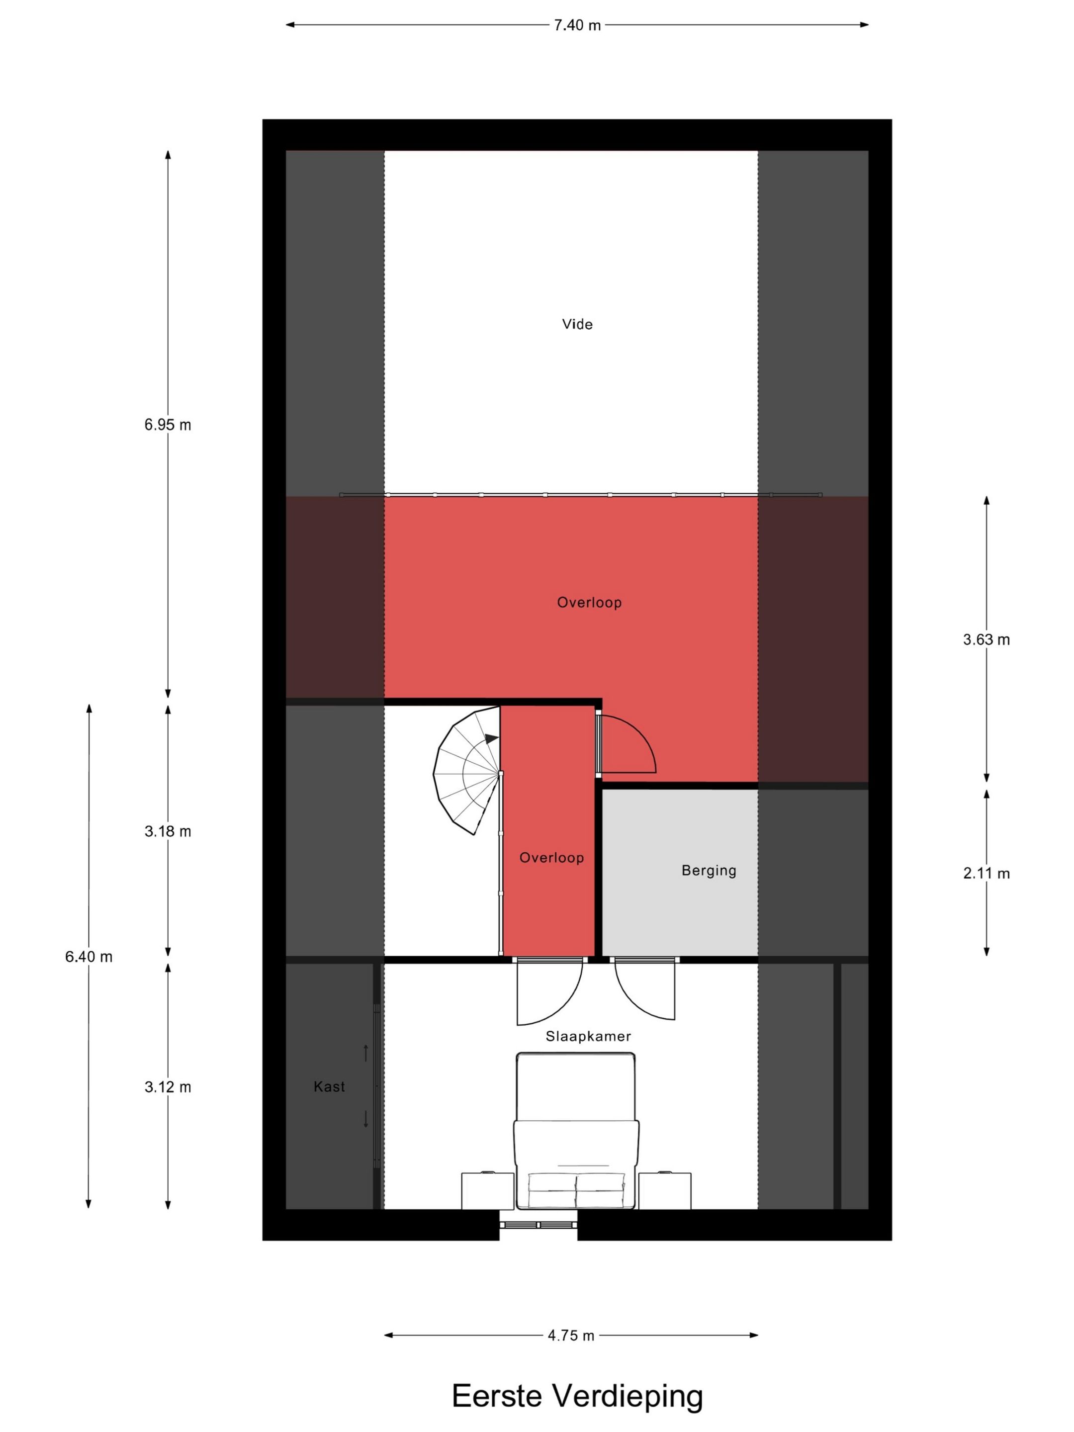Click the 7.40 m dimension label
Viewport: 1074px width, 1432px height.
[577, 25]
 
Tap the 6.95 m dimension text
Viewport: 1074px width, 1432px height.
[168, 425]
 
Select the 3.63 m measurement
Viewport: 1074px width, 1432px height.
[986, 639]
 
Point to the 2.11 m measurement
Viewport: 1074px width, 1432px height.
[986, 873]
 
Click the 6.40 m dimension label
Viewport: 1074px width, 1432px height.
[89, 956]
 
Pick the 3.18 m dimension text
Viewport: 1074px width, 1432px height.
[168, 831]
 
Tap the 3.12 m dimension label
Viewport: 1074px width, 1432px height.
[168, 1087]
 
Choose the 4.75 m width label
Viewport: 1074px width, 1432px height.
[571, 1336]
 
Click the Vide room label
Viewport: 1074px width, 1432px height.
[577, 324]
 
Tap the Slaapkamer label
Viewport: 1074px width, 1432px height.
[588, 1036]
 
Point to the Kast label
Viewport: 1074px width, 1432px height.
[329, 1087]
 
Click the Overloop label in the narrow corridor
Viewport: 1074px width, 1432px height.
[551, 858]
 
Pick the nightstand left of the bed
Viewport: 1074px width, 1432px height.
[487, 1190]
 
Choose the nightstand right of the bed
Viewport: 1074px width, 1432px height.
[665, 1190]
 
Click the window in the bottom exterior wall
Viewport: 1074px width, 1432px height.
[538, 1225]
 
